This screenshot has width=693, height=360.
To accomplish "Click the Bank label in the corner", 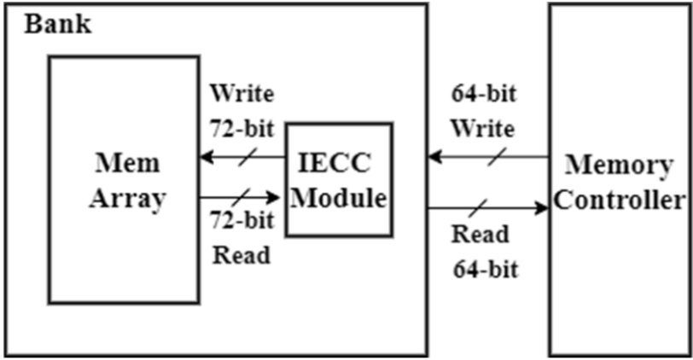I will pos(57,23).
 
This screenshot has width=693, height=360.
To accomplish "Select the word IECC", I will pos(340,163).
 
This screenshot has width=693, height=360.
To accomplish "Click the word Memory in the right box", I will pos(619,164).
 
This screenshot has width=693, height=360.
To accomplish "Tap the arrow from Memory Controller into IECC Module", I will pos(486,157).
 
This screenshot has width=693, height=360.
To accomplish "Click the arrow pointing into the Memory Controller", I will pos(486,206).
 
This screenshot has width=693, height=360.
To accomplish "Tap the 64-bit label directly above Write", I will pos(485,93).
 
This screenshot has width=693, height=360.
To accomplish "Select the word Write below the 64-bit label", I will pos(485,129).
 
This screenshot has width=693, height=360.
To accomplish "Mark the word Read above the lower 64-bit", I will pos(480,234).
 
